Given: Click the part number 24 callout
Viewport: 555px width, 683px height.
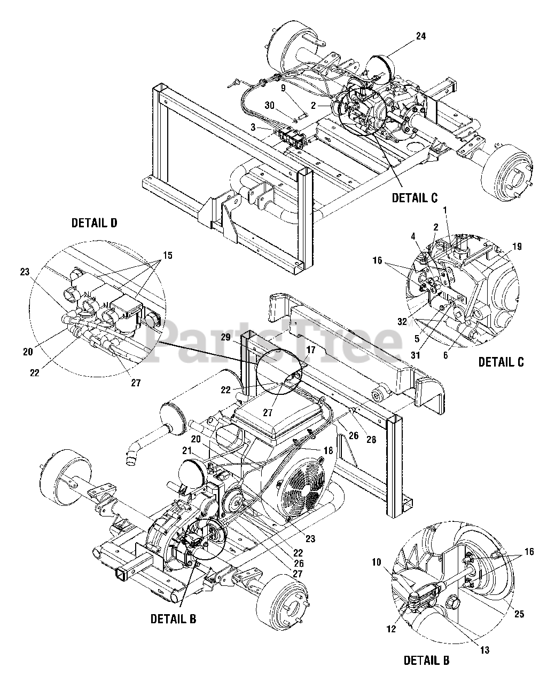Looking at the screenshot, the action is [421, 36].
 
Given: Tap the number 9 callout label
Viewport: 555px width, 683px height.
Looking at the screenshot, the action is [284, 88].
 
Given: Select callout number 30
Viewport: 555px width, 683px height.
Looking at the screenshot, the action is [270, 105].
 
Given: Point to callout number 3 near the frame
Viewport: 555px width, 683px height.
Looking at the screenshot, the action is [253, 128].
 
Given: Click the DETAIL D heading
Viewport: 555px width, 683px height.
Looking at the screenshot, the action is [95, 223].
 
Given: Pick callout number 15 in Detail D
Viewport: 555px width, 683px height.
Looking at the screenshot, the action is [168, 256].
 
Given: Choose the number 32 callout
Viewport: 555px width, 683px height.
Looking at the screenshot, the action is [403, 322].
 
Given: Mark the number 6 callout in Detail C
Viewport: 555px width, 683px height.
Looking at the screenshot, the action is [445, 355].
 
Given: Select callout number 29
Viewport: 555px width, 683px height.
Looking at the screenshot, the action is [225, 338].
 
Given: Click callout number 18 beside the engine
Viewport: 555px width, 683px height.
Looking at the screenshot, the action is [329, 450].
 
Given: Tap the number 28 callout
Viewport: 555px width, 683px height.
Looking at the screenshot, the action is [371, 439].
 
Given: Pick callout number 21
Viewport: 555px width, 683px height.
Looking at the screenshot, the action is [187, 450].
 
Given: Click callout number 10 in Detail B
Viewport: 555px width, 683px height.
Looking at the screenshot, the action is [377, 562].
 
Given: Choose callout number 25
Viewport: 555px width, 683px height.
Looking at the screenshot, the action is [519, 614].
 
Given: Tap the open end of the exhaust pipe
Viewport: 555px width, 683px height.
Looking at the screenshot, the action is [131, 463].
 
